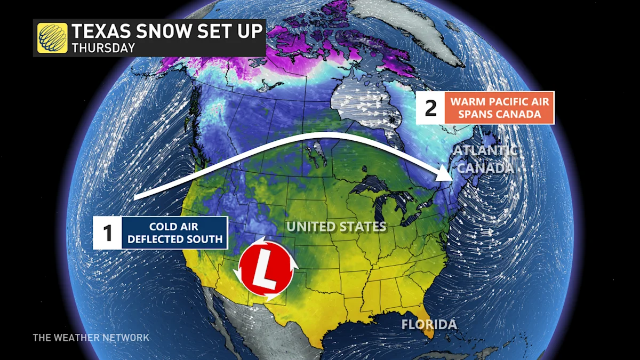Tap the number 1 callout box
point(107,233)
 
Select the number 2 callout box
point(430,107)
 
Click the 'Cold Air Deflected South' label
point(175,233)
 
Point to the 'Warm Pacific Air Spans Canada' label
point(500,107)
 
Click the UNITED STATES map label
point(336,227)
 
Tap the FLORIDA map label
point(429,324)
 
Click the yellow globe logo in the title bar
point(52,38)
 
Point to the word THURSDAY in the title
point(103,47)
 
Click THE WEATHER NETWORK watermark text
point(91,338)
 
